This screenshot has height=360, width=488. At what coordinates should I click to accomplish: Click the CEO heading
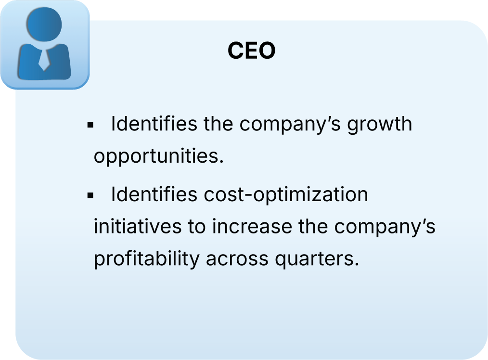point(251,51)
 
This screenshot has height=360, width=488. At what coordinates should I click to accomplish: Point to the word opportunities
point(159,156)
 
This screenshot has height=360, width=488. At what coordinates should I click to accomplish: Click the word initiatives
point(137,226)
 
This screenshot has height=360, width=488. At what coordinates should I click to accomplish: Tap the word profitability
point(146,258)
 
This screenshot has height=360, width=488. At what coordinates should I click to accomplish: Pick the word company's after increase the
point(385,226)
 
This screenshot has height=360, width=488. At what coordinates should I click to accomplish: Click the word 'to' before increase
point(196,226)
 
